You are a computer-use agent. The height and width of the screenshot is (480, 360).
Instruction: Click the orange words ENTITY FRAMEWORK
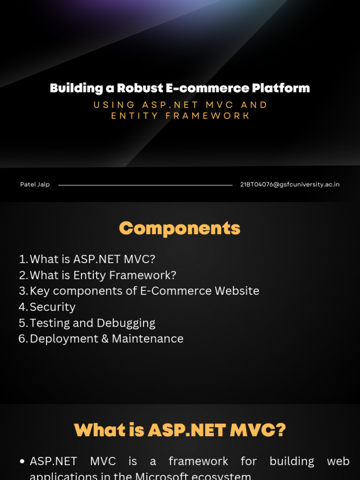[180, 116]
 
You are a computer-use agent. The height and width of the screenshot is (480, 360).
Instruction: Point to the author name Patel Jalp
[35, 185]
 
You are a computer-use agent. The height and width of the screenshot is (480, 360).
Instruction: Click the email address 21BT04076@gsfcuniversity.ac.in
[290, 185]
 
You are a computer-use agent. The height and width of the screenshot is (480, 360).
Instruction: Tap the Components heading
[180, 228]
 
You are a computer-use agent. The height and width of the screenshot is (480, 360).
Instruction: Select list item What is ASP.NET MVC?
[92, 259]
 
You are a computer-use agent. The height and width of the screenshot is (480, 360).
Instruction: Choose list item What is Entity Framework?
[103, 275]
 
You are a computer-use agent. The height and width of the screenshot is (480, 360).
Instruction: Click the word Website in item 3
[237, 291]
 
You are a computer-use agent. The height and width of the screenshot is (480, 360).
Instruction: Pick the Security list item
[52, 307]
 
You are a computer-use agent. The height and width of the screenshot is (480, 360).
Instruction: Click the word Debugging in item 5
[126, 323]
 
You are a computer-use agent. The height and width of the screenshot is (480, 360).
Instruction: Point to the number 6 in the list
[22, 338]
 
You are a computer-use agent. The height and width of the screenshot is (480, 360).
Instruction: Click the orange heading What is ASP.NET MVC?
[180, 430]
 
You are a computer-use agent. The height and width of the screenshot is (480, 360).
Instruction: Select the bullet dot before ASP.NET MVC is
[22, 462]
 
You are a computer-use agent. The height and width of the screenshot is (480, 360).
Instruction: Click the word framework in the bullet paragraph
[198, 461]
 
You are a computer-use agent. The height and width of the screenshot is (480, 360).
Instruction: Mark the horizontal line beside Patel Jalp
[145, 185]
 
